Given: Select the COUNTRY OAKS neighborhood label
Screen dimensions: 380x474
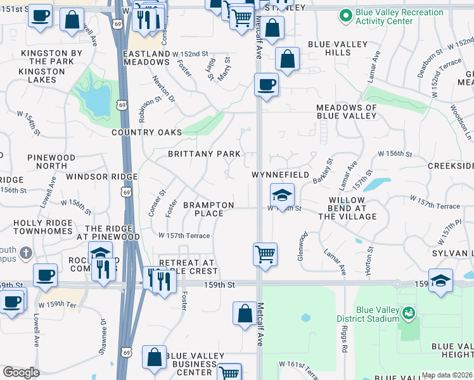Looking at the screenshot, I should click(146, 132).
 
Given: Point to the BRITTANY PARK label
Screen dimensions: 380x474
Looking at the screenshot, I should click(204, 154).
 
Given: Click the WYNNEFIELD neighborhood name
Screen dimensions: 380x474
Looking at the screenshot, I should click(280, 175).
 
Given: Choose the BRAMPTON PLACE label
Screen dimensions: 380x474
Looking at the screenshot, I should click(208, 209).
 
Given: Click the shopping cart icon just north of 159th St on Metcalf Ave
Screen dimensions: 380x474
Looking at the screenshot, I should click(265, 255).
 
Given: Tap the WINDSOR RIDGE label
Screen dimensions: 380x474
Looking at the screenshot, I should click(101, 177).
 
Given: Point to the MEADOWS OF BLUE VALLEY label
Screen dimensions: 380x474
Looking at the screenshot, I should click(347, 112).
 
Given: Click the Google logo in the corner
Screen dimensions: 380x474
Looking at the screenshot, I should click(22, 372).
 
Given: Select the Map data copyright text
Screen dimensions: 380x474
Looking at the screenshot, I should click(447, 375).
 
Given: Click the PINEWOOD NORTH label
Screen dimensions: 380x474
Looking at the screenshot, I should click(51, 161).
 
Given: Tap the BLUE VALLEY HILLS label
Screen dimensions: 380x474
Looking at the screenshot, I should click(338, 48).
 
